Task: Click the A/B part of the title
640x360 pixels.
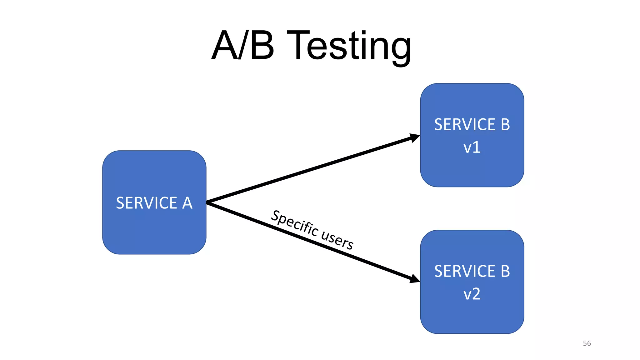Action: point(243,46)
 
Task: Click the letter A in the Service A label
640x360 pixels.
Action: point(187,203)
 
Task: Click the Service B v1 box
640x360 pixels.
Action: point(472,169)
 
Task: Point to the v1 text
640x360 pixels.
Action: point(472,147)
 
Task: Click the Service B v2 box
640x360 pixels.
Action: point(472,316)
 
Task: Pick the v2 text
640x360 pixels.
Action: point(472,294)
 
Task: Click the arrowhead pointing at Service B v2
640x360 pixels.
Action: point(415,279)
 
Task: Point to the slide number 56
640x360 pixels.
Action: point(587,343)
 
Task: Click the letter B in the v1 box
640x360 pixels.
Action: point(505,125)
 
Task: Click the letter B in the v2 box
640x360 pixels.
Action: point(505,271)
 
